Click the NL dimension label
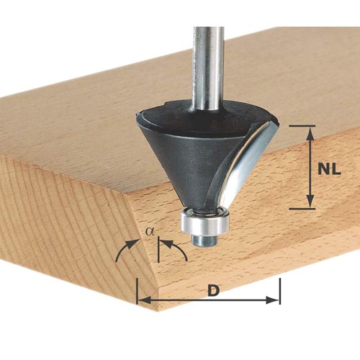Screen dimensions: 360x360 tap(329, 170)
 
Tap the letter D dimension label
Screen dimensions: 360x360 tap(214, 290)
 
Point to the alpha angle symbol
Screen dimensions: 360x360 tap(150, 232)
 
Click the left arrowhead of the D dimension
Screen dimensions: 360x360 tap(144, 300)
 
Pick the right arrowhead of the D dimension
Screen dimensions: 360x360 tap(273, 300)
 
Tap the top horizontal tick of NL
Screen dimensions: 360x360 tap(302, 125)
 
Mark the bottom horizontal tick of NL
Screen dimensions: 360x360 tap(302, 209)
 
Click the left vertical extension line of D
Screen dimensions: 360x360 tap(137, 291)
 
